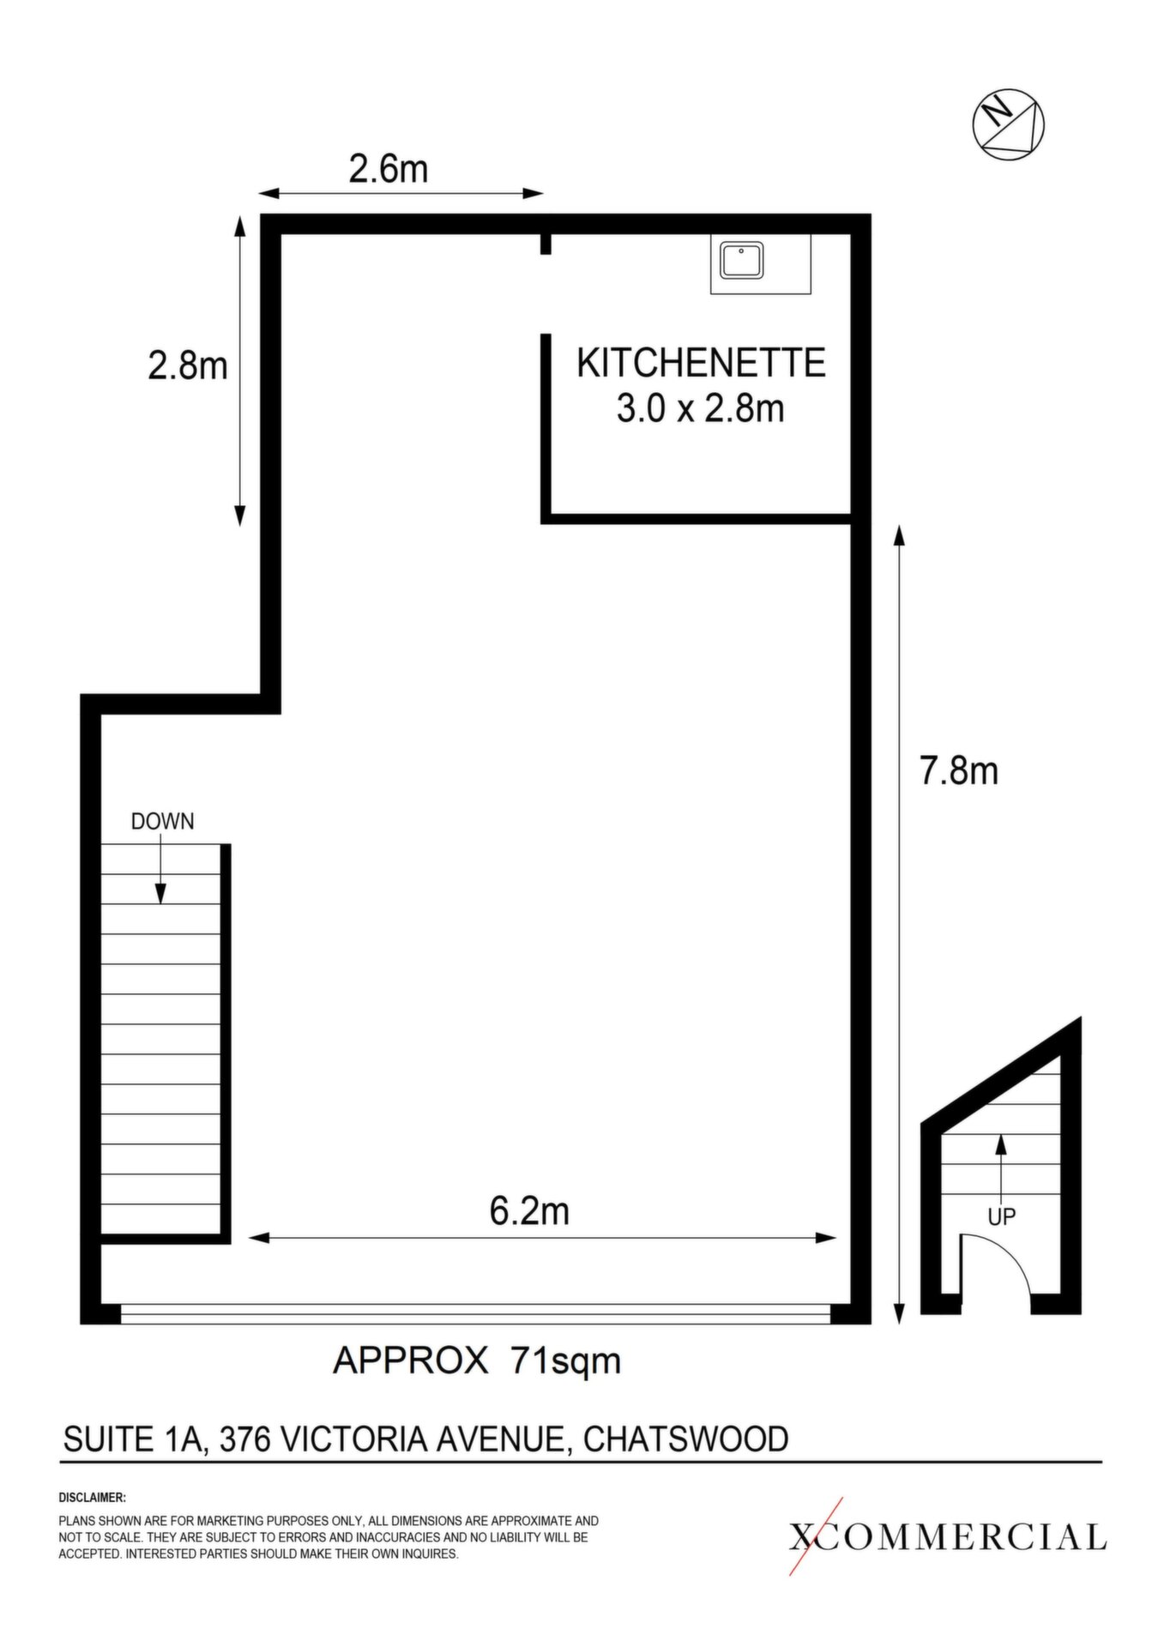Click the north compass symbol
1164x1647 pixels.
pyautogui.click(x=1009, y=124)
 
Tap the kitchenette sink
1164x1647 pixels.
pyautogui.click(x=743, y=260)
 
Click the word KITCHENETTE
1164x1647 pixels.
pyautogui.click(x=701, y=363)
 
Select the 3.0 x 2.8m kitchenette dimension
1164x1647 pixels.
pyautogui.click(x=701, y=408)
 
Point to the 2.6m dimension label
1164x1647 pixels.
pyautogui.click(x=389, y=169)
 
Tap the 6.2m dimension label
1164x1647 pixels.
pyautogui.click(x=529, y=1211)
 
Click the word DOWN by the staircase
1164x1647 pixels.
pyautogui.click(x=162, y=822)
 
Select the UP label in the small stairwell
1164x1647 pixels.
pyautogui.click(x=1002, y=1216)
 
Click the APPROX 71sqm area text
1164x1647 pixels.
pyautogui.click(x=476, y=1360)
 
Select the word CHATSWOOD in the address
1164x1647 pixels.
pyautogui.click(x=685, y=1439)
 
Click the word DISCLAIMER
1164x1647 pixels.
pyautogui.click(x=92, y=1499)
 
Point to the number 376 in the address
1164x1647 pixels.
pyautogui.click(x=244, y=1439)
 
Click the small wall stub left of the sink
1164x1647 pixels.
pyautogui.click(x=546, y=244)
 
